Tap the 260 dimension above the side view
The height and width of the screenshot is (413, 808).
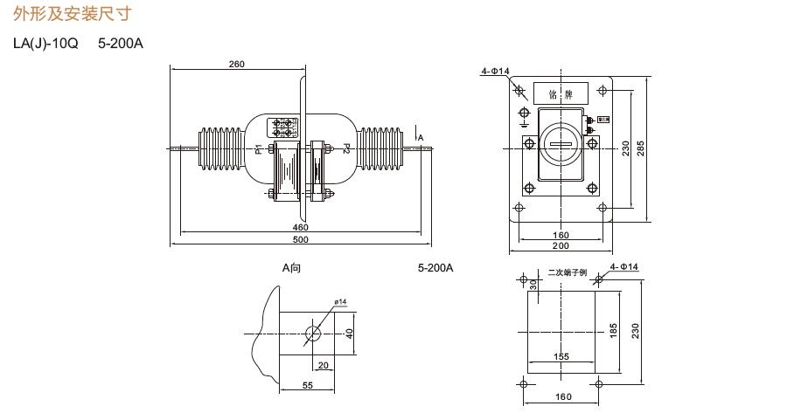236,64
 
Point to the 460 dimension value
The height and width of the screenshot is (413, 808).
300,227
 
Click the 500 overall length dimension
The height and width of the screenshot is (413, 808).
300,239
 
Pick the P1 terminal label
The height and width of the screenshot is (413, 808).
259,148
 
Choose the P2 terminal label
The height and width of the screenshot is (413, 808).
347,148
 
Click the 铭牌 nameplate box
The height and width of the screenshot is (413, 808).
561,93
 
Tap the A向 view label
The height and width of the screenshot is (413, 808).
291,268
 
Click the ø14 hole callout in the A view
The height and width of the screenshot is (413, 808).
340,302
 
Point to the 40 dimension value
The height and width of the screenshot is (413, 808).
349,333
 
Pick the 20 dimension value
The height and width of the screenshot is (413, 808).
323,365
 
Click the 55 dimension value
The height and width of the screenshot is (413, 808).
308,385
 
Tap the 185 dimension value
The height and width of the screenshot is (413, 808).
614,331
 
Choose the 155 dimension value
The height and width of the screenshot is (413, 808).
561,356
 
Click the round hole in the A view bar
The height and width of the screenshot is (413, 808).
313,334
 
